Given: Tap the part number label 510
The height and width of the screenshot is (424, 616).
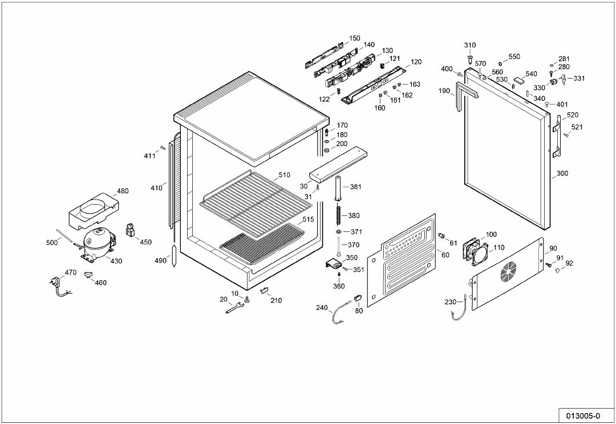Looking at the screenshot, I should pyautogui.click(x=284, y=175).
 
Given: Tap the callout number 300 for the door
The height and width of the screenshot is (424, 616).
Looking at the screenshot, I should pyautogui.click(x=562, y=173).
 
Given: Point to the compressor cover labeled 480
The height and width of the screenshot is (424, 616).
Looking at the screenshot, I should pyautogui.click(x=91, y=209).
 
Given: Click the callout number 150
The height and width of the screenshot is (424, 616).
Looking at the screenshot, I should pyautogui.click(x=354, y=38).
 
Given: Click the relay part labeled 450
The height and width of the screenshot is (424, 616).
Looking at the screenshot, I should pyautogui.click(x=129, y=230).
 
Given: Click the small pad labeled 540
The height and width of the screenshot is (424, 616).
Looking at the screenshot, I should pyautogui.click(x=518, y=80).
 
